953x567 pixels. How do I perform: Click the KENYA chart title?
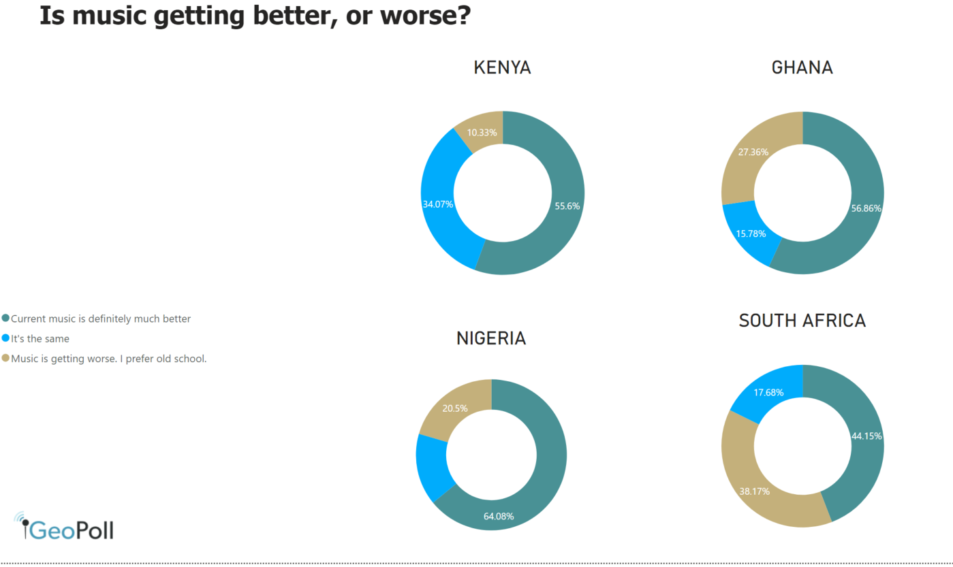(x=502, y=68)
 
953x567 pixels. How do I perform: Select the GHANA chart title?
(x=802, y=68)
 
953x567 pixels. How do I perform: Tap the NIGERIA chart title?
(x=491, y=338)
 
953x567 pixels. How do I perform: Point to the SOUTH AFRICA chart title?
(x=802, y=321)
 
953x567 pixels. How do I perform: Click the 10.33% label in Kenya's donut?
(x=482, y=132)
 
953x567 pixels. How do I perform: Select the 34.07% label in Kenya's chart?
(x=438, y=204)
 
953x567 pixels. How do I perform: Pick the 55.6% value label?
(x=567, y=206)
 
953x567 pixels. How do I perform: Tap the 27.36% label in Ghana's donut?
(x=753, y=152)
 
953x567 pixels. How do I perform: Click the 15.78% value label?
(x=750, y=233)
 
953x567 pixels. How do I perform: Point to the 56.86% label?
(x=866, y=208)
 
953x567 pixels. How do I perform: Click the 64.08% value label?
(x=499, y=516)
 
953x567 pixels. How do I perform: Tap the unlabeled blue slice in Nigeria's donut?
(x=433, y=466)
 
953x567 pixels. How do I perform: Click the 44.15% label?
(x=866, y=436)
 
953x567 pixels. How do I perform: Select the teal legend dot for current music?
(x=6, y=319)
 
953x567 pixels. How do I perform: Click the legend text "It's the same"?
(x=40, y=338)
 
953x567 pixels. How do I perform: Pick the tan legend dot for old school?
(x=6, y=358)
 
